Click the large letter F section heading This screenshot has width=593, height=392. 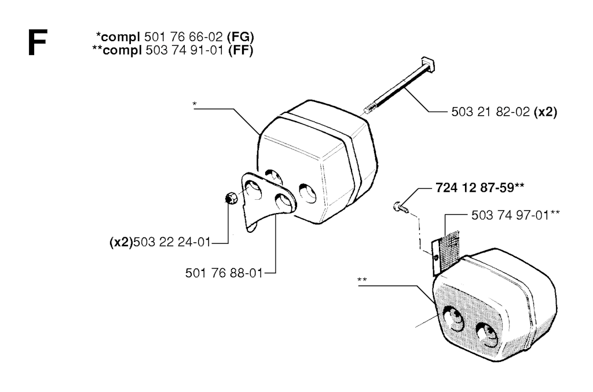[38, 43]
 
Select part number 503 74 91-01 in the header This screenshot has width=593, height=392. [185, 50]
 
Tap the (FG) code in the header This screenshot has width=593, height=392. [240, 37]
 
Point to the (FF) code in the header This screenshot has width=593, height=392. [241, 50]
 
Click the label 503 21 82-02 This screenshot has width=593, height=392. [490, 112]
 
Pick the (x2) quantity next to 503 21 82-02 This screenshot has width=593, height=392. [545, 112]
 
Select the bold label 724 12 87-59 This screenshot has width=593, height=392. [475, 188]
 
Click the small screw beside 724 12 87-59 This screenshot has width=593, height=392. [400, 206]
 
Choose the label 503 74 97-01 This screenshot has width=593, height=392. [510, 215]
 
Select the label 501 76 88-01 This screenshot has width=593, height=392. [224, 273]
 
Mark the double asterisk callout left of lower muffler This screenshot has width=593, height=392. [362, 280]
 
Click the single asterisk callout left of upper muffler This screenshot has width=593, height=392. [195, 104]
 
